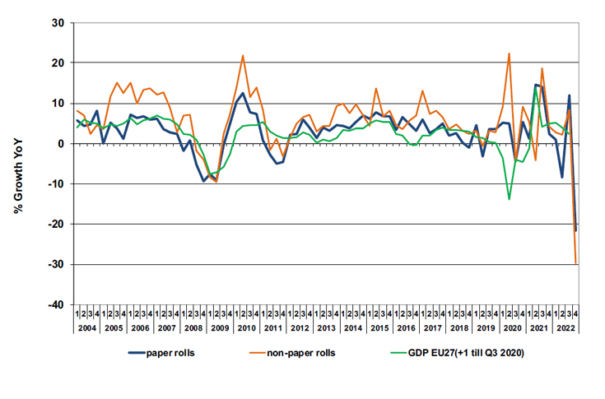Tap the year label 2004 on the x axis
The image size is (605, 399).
(x=87, y=328)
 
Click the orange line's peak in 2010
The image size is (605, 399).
(x=243, y=56)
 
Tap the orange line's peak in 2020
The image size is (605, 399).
(x=510, y=53)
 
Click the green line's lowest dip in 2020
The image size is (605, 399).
(x=510, y=199)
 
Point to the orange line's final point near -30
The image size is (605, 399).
(x=574, y=263)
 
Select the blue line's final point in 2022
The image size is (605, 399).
(x=575, y=230)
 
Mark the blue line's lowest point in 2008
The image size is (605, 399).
(x=204, y=181)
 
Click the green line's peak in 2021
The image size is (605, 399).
(x=536, y=86)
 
